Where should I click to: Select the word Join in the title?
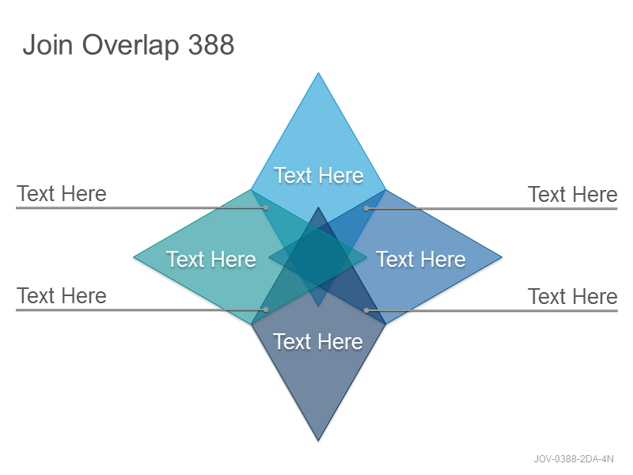(x=47, y=44)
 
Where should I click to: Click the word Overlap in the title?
(x=131, y=45)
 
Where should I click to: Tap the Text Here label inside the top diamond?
(x=319, y=175)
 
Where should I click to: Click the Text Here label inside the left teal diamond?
(x=211, y=259)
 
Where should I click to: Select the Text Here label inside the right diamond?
(x=421, y=259)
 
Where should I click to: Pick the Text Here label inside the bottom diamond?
(x=318, y=342)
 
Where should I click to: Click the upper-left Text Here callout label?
(x=62, y=193)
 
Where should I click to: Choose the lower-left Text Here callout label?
(x=62, y=295)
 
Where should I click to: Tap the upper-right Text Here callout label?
(x=573, y=194)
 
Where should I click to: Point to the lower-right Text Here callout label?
(x=573, y=296)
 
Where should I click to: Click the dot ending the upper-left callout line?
(x=266, y=207)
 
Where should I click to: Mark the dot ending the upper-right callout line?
(x=366, y=208)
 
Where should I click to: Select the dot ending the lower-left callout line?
(x=266, y=310)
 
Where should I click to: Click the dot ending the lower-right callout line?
(x=366, y=310)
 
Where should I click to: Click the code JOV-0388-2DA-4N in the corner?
(x=574, y=459)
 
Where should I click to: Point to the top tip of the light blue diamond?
(x=318, y=73)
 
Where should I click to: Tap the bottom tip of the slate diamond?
(x=318, y=441)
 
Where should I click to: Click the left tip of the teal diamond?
(x=134, y=256)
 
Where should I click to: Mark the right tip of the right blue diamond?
(x=502, y=256)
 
